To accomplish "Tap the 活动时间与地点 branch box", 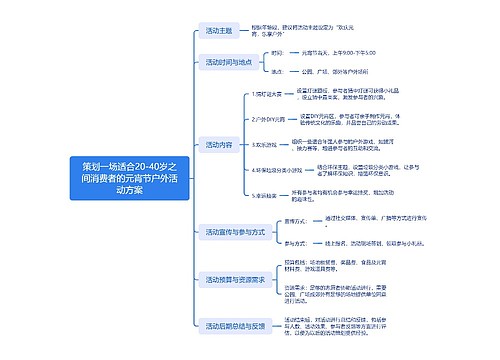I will click(x=229, y=61).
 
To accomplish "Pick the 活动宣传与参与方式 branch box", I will click(x=234, y=231).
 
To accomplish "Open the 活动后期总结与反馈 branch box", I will click(x=235, y=325).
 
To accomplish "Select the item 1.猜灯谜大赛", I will click(x=272, y=93).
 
